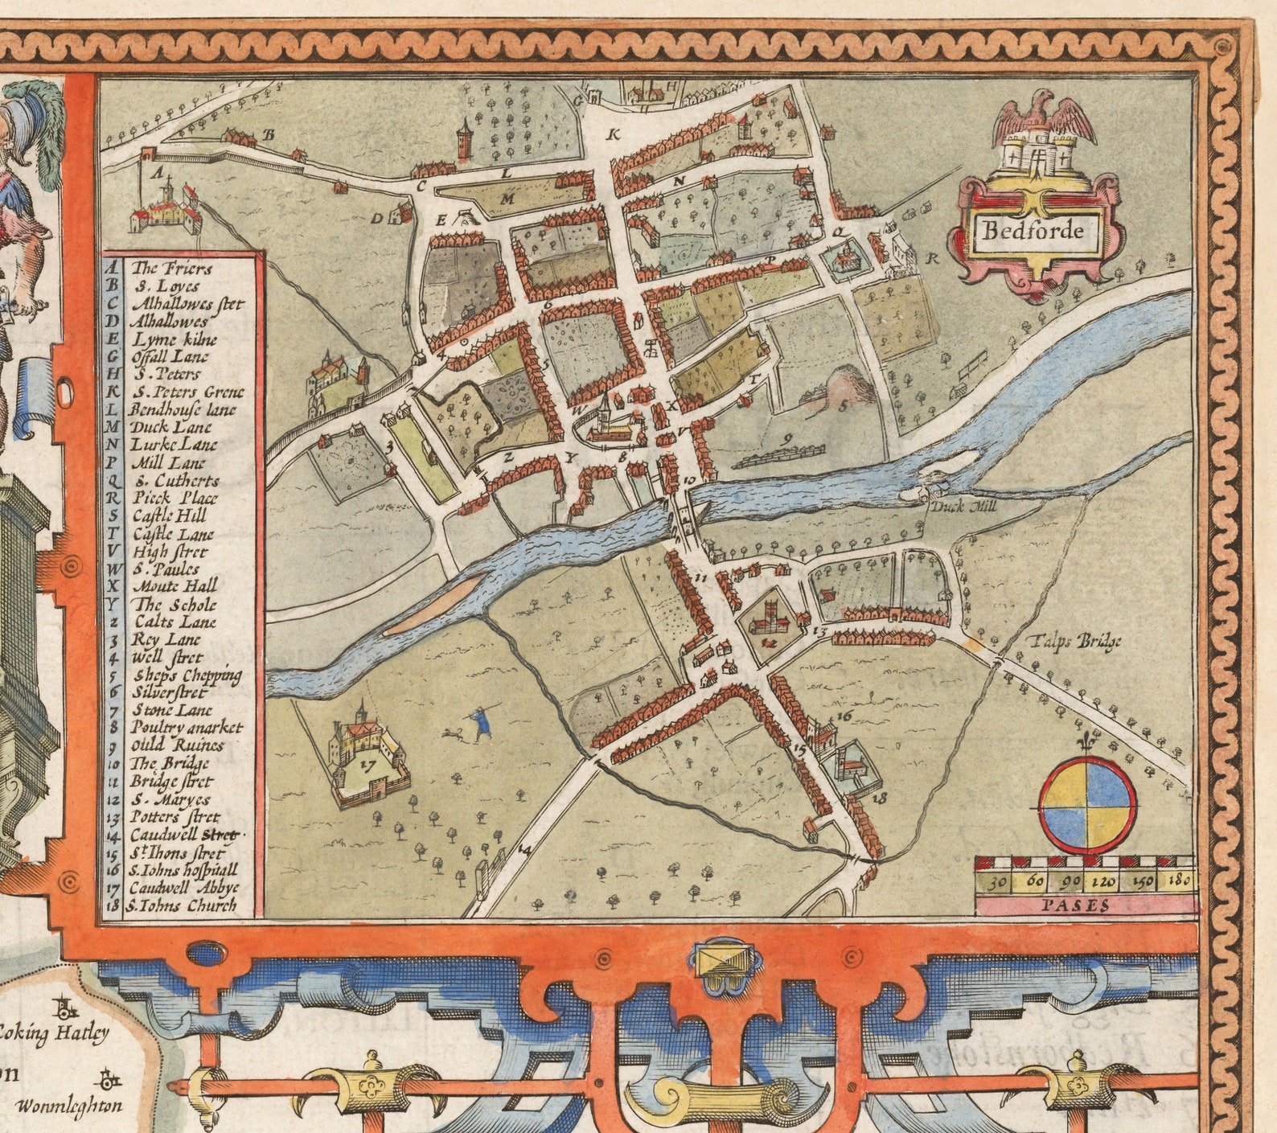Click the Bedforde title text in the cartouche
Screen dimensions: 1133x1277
(x=1033, y=232)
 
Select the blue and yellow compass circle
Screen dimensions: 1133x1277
(x=1087, y=804)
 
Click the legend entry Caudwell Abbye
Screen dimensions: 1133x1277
(x=184, y=888)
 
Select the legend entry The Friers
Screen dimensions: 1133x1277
(x=161, y=268)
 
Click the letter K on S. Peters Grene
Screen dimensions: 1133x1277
(x=613, y=134)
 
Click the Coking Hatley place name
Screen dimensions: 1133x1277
(x=55, y=1033)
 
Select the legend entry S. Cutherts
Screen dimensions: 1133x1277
(x=175, y=480)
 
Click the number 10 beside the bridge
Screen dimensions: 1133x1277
(x=689, y=480)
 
